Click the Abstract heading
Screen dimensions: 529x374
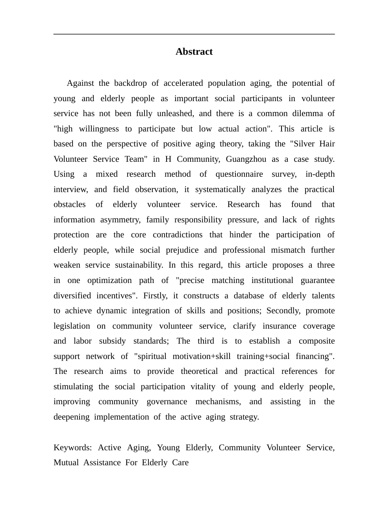coord(194,52)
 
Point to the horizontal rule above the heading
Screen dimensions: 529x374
coord(194,34)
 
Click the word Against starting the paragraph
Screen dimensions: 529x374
coord(80,83)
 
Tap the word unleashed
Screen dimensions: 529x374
coord(175,113)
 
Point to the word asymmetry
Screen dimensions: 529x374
coord(120,220)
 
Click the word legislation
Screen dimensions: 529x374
coord(72,326)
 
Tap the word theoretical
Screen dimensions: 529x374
coord(199,371)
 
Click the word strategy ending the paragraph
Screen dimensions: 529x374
coord(244,417)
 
